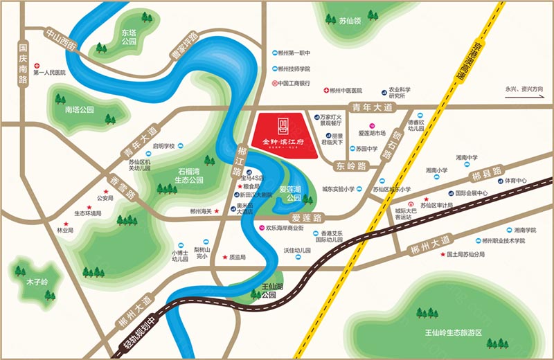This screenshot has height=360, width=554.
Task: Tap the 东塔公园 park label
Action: point(129,36)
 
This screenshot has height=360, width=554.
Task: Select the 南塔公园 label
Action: point(79,109)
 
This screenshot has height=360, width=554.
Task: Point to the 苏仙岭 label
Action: point(350,21)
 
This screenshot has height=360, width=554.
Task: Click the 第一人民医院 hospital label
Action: point(48,72)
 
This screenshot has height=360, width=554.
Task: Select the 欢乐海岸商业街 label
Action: point(289,227)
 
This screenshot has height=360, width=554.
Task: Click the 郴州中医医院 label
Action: point(346,91)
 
